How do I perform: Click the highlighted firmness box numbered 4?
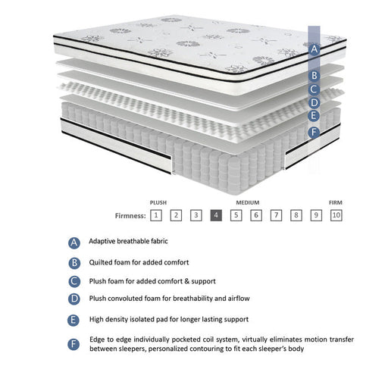pyautogui.click(x=216, y=215)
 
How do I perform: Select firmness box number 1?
pyautogui.click(x=155, y=215)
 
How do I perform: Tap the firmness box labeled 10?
pyautogui.click(x=336, y=215)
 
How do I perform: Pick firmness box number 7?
pyautogui.click(x=277, y=215)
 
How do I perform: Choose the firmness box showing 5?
pyautogui.click(x=236, y=215)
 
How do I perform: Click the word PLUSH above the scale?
pyautogui.click(x=158, y=202)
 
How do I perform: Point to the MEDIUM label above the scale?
pyautogui.click(x=248, y=202)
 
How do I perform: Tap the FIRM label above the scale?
pyautogui.click(x=335, y=202)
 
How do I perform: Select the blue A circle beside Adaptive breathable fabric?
pyautogui.click(x=74, y=242)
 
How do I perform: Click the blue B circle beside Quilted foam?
pyautogui.click(x=74, y=263)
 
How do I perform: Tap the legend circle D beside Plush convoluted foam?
pyautogui.click(x=74, y=299)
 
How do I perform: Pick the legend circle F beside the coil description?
pyautogui.click(x=74, y=344)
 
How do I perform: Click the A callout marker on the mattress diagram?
pyautogui.click(x=314, y=48)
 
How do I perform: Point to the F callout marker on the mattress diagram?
pyautogui.click(x=314, y=132)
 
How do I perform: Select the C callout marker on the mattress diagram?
pyautogui.click(x=314, y=89)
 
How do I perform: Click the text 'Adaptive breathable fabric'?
pyautogui.click(x=128, y=241)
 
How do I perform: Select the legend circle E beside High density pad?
pyautogui.click(x=74, y=320)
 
